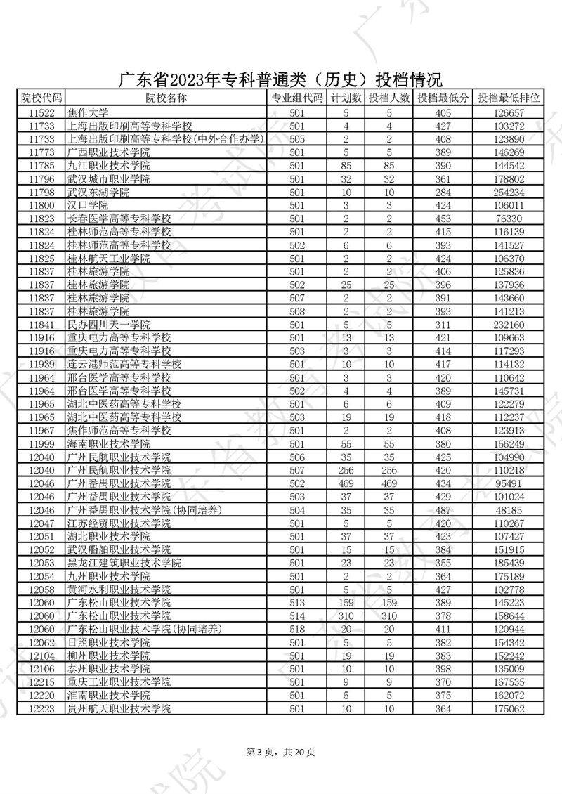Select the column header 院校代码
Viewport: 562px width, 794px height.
pyautogui.click(x=41, y=98)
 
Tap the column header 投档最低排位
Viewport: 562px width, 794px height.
pyautogui.click(x=509, y=98)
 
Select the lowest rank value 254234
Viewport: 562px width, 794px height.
pyautogui.click(x=509, y=193)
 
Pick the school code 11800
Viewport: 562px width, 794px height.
pyautogui.click(x=41, y=205)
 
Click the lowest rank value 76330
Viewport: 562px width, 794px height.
pyautogui.click(x=509, y=219)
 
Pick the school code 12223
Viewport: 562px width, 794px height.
pyautogui.click(x=41, y=709)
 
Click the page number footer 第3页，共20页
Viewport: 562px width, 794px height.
pyautogui.click(x=281, y=752)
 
